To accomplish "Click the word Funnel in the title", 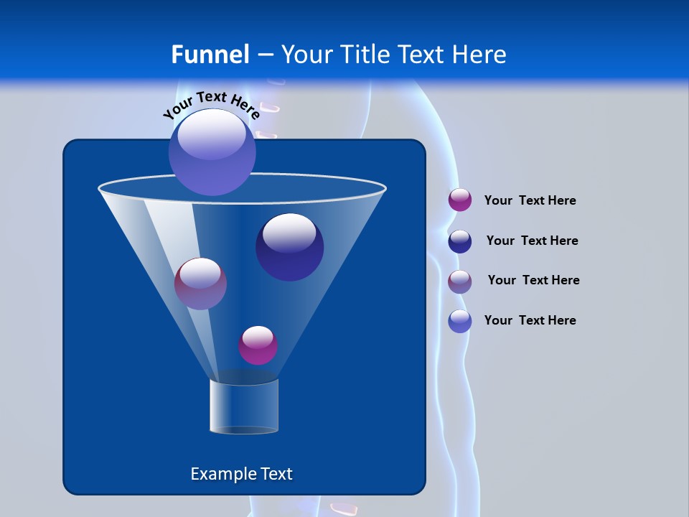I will pos(210,55).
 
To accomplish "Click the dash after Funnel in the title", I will pos(265,55).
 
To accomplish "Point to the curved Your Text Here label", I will pos(211,104).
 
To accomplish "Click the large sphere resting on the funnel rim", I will pos(212,152).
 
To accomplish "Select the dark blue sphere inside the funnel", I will pos(289,247).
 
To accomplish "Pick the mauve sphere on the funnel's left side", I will pos(200,284).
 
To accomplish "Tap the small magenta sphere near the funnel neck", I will pos(258,345).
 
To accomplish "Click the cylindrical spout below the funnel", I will pos(243,406).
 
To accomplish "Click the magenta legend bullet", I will pos(460,200).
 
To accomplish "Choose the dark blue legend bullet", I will pos(460,241).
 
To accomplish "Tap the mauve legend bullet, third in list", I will pos(460,281).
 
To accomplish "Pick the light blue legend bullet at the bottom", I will pos(460,321).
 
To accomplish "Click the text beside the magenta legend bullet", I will pos(530,200).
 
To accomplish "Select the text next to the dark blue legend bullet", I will pos(532,241).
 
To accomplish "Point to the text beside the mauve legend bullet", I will pos(533,280).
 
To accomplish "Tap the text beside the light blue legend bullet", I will pos(530,320).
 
